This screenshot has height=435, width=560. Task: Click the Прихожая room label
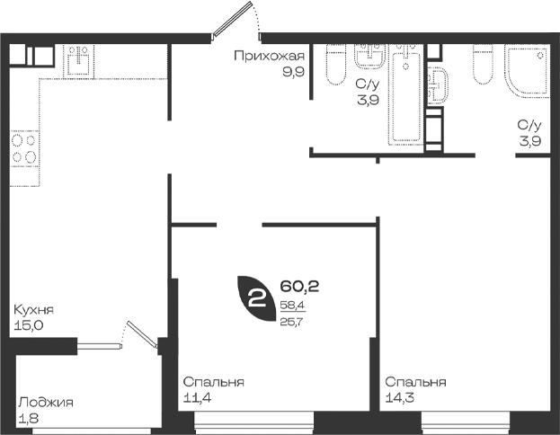tap(270, 57)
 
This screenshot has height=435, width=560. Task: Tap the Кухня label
tap(33, 310)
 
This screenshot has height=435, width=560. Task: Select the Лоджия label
tap(46, 403)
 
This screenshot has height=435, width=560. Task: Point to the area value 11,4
tap(197, 397)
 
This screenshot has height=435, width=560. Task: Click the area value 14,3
tap(400, 397)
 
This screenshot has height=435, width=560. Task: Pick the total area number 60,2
tap(299, 286)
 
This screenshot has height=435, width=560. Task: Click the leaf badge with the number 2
tap(257, 298)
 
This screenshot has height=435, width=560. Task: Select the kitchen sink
tap(78, 60)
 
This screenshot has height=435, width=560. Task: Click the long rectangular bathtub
tap(406, 94)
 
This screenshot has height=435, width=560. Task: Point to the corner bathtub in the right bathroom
tap(527, 71)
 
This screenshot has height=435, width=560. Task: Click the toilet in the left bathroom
tap(336, 65)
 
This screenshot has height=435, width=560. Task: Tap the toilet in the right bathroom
tap(483, 65)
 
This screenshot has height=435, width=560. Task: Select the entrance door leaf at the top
tap(232, 19)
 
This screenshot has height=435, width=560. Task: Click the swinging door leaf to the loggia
tap(143, 334)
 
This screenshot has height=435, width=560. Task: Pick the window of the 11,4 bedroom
tap(253, 422)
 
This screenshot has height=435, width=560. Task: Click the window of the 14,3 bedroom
tap(466, 422)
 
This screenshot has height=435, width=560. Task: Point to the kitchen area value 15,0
tap(28, 325)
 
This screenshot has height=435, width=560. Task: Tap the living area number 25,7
tap(291, 322)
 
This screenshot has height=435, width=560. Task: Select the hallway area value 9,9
tap(293, 72)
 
